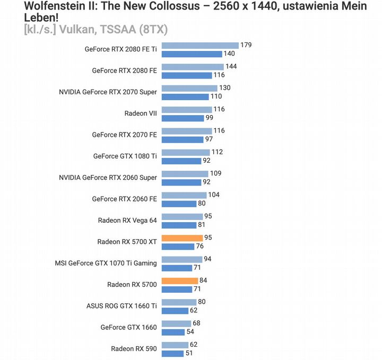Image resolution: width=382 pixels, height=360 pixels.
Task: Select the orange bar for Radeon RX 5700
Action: (x=179, y=280)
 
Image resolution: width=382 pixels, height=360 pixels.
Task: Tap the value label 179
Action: (x=246, y=45)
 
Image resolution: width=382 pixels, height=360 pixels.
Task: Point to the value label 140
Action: (x=229, y=54)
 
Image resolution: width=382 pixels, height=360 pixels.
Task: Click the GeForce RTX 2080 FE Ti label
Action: (x=121, y=49)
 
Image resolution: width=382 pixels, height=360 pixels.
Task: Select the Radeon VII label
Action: (x=141, y=113)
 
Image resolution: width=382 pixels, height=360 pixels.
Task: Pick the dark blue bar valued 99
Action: (x=183, y=118)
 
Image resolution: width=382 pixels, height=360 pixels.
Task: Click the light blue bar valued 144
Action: (x=192, y=67)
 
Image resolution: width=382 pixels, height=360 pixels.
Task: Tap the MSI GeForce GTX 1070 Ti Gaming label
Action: (x=106, y=263)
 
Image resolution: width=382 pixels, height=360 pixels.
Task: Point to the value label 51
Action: (x=189, y=353)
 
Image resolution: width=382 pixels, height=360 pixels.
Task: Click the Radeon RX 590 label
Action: (x=134, y=349)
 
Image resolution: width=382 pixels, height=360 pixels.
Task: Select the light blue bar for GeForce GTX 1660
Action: (x=176, y=323)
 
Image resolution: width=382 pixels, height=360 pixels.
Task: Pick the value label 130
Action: (x=225, y=88)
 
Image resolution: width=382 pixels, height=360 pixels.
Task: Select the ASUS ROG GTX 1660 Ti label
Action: (x=121, y=306)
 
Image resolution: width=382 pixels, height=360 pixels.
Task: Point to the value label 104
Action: (x=214, y=195)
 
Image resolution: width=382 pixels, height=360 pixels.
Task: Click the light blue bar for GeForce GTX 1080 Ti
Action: (x=185, y=152)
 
